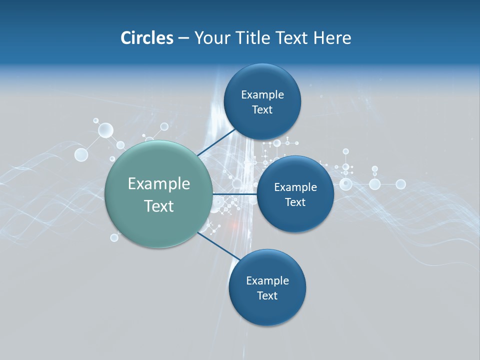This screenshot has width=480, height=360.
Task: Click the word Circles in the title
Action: tap(147, 38)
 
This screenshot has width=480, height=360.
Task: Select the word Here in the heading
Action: tap(332, 38)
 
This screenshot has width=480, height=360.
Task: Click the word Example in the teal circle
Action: tap(159, 184)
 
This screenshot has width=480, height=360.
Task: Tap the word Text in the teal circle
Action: tap(159, 206)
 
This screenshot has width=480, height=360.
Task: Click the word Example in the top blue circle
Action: tap(262, 95)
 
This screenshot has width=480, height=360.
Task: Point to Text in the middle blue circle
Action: tap(295, 202)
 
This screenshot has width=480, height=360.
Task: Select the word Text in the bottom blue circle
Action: tap(267, 295)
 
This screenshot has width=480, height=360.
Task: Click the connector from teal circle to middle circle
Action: tap(234, 193)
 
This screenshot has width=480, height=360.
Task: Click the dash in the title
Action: tap(183, 38)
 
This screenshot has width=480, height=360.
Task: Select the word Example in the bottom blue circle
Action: tap(267, 280)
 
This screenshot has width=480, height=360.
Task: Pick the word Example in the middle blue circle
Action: tap(295, 187)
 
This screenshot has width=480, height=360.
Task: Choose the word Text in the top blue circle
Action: tap(262, 110)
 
